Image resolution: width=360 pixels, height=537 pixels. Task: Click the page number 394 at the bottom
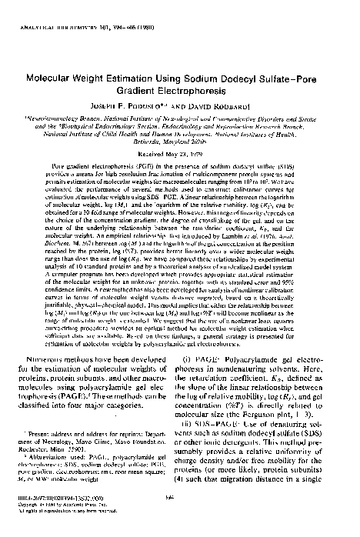(x=179, y=518)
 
